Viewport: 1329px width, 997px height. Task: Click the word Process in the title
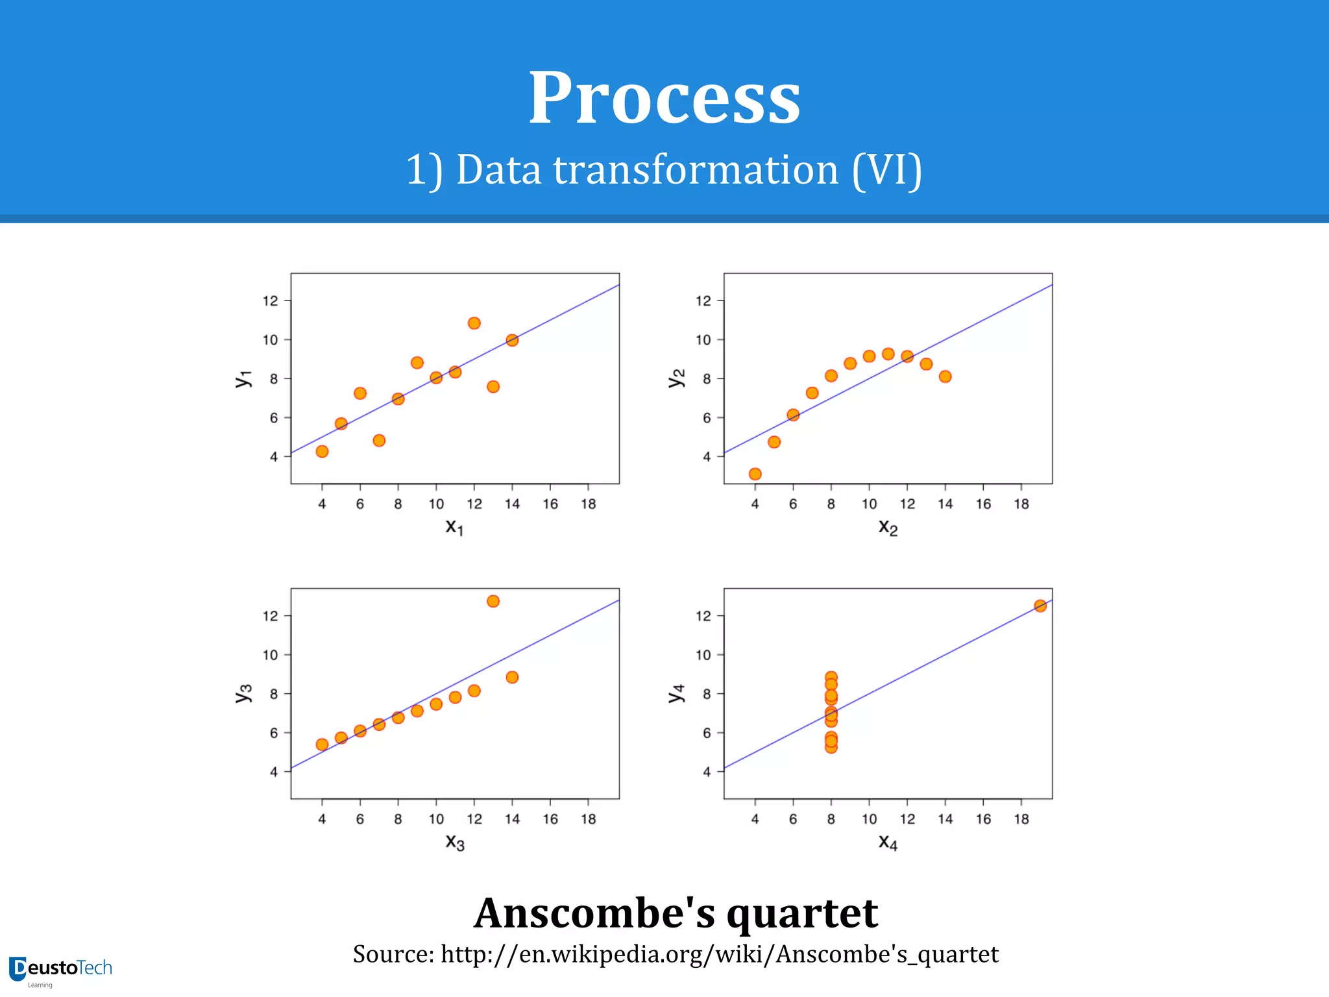tap(664, 99)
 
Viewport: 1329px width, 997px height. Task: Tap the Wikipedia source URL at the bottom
tap(719, 954)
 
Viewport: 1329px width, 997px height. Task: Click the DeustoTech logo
tap(60, 970)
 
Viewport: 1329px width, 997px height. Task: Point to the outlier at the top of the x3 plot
tap(493, 601)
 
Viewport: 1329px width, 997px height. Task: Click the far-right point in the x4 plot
tap(1040, 606)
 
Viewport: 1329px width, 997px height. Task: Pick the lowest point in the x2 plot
tap(755, 474)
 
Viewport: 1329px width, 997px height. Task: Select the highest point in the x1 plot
tap(474, 323)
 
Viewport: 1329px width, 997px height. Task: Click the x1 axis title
tap(454, 526)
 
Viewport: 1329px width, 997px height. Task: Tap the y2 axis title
tap(676, 378)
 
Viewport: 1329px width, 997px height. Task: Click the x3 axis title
tap(454, 842)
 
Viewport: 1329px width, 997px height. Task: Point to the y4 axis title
tap(676, 693)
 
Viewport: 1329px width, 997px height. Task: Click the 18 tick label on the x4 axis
tap(1021, 819)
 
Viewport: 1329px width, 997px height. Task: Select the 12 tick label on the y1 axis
tap(270, 301)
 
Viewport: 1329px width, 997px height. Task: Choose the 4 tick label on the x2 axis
tap(755, 504)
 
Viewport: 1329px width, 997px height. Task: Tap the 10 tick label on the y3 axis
tap(270, 655)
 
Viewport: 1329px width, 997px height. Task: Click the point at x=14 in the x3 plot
tap(512, 677)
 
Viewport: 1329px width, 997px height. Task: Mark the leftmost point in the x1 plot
tap(322, 451)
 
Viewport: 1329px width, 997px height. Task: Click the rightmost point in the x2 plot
tap(945, 376)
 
